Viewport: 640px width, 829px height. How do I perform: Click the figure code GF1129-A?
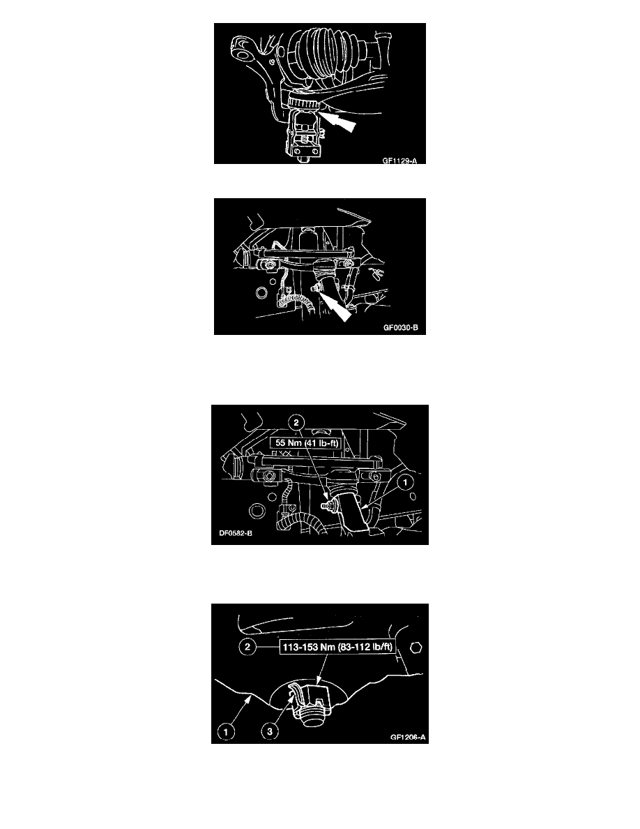coord(399,160)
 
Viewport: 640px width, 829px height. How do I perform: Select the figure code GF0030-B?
coord(401,328)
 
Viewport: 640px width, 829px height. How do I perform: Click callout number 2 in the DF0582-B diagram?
coord(296,422)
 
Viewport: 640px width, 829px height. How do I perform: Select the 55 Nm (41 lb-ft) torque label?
coord(307,442)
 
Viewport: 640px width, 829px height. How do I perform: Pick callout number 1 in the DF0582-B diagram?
coord(405,482)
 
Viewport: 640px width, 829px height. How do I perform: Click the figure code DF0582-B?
coord(236,533)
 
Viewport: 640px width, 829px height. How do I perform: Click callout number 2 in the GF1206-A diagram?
coord(247,647)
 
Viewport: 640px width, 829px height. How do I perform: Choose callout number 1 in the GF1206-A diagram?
coord(226,732)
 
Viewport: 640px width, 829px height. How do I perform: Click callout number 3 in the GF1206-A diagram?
coord(270,732)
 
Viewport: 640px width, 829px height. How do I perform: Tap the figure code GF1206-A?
coord(408,737)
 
